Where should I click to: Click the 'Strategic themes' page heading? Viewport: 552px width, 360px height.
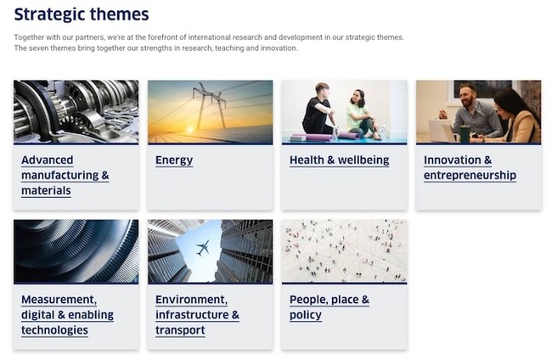82,14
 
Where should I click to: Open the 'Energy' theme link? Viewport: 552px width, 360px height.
174,160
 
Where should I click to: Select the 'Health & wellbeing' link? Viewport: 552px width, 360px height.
339,160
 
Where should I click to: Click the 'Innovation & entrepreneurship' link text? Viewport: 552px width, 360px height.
470,167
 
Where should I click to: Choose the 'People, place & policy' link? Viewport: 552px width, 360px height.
330,307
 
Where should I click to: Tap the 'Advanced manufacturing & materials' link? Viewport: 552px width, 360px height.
65,175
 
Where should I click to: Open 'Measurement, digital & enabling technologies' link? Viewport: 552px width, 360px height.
67,315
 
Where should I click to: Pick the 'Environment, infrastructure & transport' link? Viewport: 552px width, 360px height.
197,315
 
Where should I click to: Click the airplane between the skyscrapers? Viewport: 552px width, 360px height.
203,248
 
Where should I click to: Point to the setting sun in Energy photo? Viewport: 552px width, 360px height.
189,130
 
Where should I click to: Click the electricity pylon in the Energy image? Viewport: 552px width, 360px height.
209,104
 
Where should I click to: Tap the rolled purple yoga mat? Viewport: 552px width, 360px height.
313,137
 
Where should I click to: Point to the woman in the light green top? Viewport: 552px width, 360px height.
361,115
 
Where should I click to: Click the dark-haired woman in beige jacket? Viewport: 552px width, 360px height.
514,116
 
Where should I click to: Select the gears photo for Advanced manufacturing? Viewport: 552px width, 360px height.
76,112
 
